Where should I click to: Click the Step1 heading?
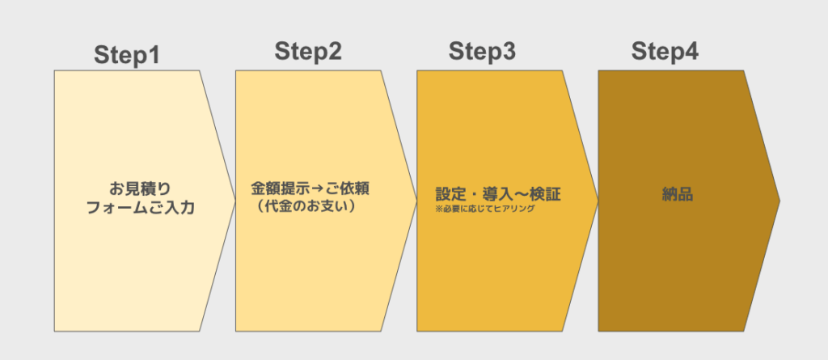coord(127,56)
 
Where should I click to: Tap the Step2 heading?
coord(308,51)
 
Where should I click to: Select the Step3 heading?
coord(482,51)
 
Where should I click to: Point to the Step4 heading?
coord(665,51)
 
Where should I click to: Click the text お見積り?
coord(140,188)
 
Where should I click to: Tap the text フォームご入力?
coord(140,208)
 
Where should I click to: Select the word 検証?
coord(547,194)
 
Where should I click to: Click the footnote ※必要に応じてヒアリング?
coord(485,209)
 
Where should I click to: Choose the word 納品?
coord(678,194)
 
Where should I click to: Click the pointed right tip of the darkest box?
coord(779,201)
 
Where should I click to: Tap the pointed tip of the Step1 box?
coord(235,201)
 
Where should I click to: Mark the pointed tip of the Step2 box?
coord(417,201)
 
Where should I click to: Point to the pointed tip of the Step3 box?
coord(598,201)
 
